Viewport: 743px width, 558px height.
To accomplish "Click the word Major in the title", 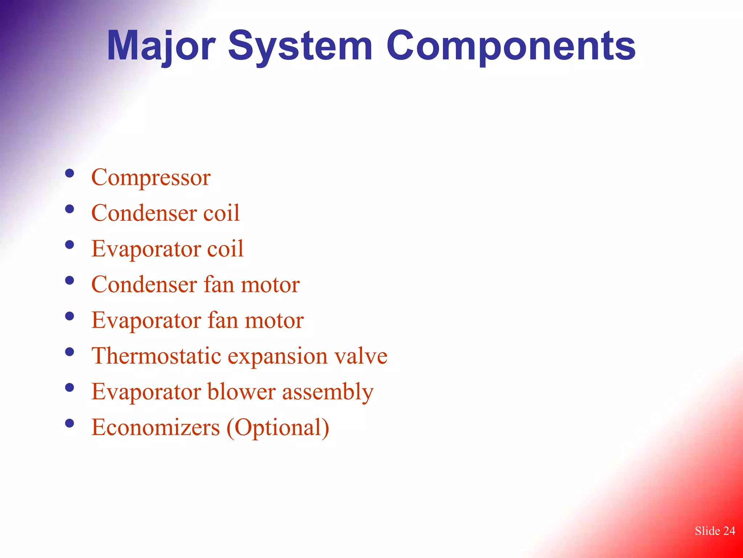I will [x=161, y=46].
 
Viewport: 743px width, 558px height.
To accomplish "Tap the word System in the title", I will [x=300, y=46].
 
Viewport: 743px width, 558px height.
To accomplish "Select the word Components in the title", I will [x=511, y=46].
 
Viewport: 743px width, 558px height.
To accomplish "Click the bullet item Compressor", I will [x=151, y=178].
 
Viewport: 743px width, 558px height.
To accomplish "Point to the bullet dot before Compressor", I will [x=69, y=173].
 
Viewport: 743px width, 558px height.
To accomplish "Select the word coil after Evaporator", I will [x=225, y=249].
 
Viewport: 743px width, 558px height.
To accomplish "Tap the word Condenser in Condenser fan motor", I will [x=144, y=284].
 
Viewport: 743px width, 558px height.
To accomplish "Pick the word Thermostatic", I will [x=156, y=356].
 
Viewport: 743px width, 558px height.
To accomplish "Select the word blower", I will [x=242, y=392].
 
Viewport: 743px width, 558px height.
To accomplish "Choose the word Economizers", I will [x=156, y=427].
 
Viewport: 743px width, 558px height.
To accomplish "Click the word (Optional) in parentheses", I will [x=278, y=428].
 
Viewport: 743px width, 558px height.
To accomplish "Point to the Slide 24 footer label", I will [x=715, y=531].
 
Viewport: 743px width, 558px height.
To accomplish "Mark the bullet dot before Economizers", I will [x=69, y=423].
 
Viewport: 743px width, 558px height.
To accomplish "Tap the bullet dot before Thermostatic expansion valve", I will [x=69, y=352].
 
